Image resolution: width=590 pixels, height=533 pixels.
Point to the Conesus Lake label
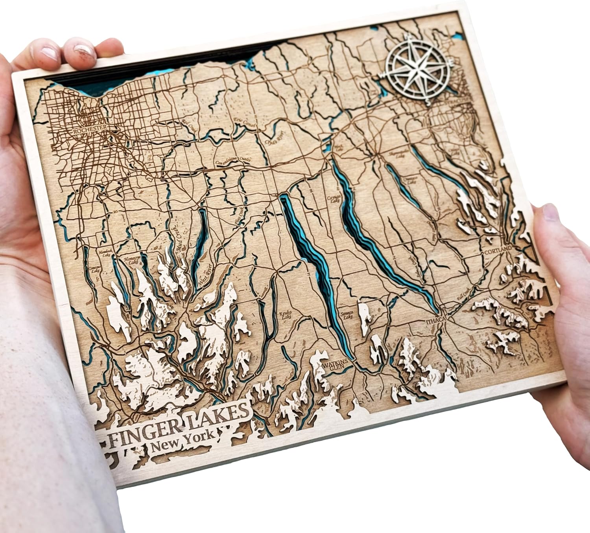96,269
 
